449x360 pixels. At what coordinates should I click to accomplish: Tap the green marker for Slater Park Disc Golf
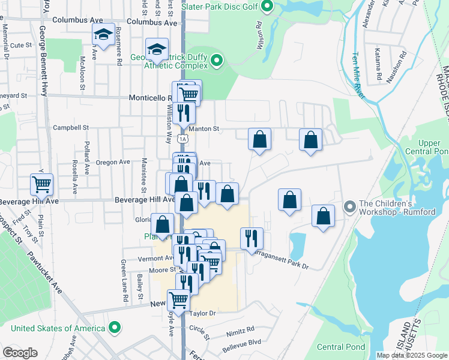268,7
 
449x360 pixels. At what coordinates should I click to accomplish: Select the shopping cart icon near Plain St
41,184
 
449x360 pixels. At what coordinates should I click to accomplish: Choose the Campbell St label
70,128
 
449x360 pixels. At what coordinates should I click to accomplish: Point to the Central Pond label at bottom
341,347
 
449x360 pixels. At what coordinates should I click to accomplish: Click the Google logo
20,353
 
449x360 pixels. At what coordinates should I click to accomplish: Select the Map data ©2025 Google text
412,355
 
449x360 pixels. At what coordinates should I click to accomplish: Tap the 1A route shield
182,139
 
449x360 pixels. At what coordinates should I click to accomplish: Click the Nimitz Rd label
240,329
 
